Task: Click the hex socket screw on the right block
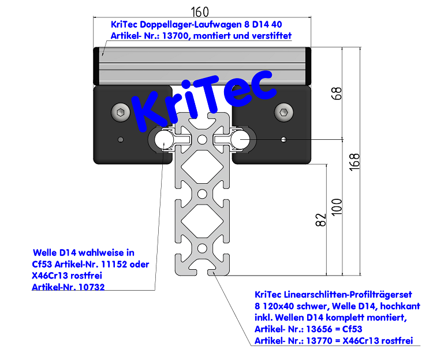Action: pyautogui.click(x=283, y=112)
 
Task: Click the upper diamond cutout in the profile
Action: pyautogui.click(x=201, y=169)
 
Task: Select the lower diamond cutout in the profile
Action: pyautogui.click(x=201, y=220)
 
